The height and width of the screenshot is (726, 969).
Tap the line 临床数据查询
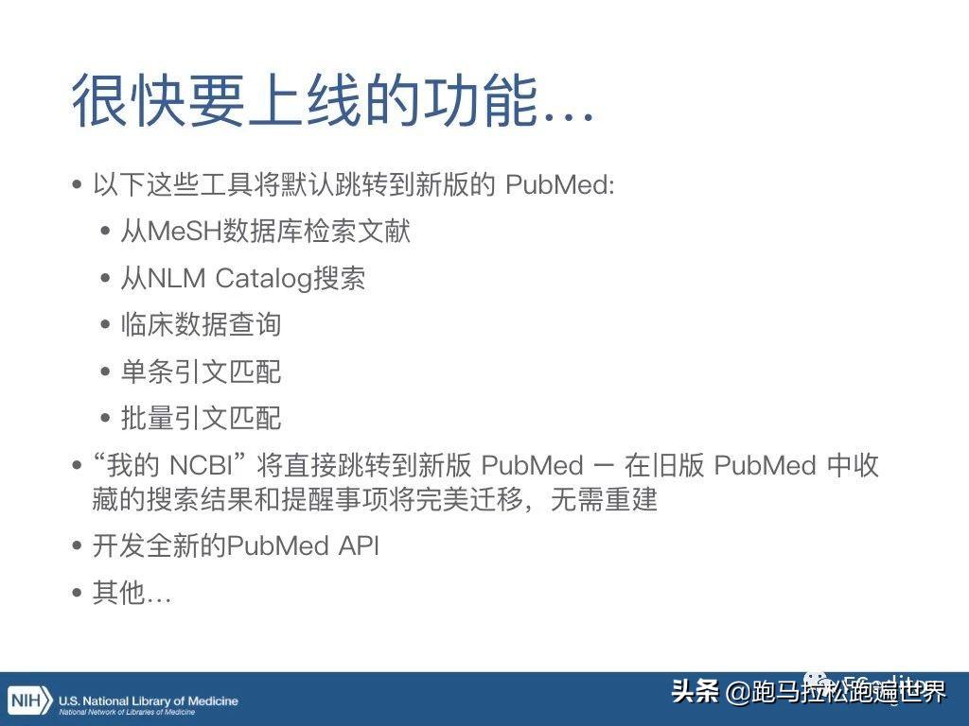201,324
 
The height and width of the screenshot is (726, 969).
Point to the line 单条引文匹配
201,372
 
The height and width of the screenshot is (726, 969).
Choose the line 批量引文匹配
201,418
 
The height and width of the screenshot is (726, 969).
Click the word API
358,545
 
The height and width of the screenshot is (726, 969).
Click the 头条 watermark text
696,692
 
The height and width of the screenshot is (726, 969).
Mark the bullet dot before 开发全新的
78,546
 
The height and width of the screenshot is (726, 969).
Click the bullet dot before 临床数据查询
106,325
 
